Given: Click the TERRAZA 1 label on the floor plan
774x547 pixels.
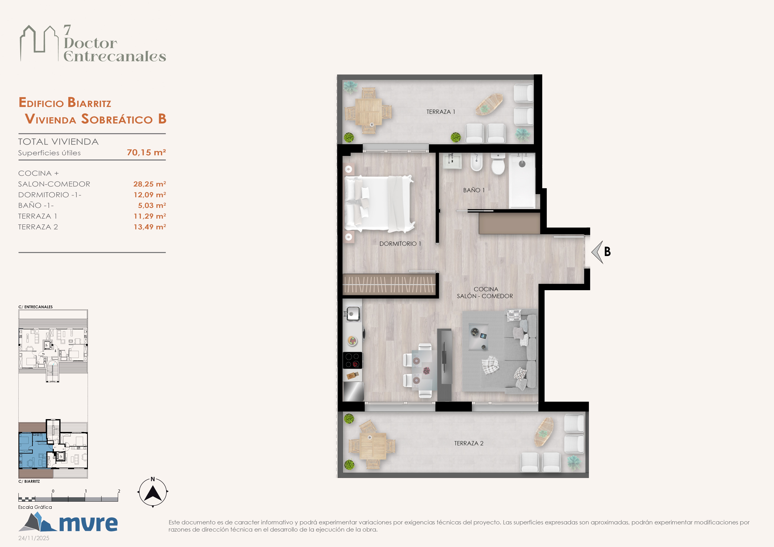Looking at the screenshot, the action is coord(441,112).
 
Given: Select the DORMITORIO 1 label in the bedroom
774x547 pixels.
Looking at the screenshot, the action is coord(400,244).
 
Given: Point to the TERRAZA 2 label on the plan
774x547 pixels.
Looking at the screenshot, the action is coord(469,443).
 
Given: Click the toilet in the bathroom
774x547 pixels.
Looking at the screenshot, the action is coord(498,164).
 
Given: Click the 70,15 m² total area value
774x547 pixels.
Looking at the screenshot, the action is coord(146,153).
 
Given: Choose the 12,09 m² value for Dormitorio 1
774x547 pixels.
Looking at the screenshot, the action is coord(150,195).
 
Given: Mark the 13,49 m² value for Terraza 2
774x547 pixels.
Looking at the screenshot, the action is coord(150,227).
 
